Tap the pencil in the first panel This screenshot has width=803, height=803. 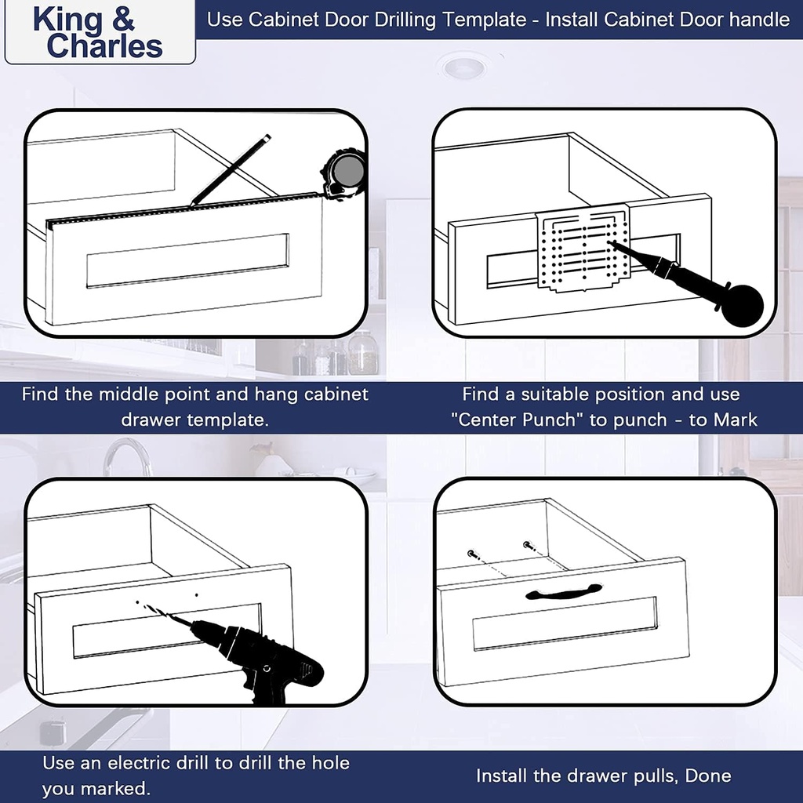231,170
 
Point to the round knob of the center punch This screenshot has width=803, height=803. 741,305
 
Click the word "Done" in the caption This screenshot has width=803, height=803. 707,776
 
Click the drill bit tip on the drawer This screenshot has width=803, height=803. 142,604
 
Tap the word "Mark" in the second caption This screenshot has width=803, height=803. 735,420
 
